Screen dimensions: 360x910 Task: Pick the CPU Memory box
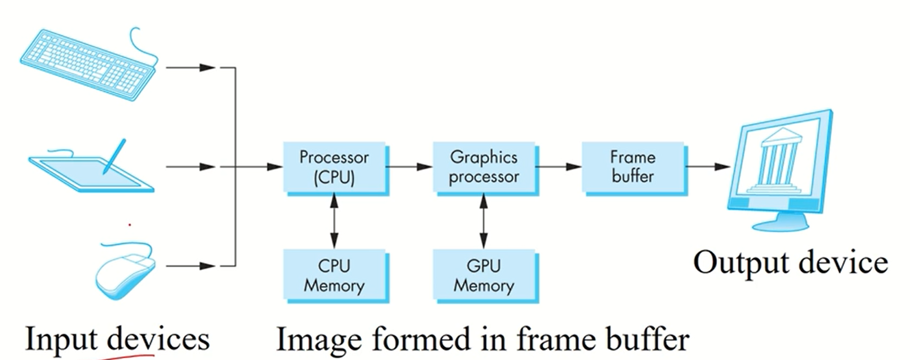pyautogui.click(x=334, y=276)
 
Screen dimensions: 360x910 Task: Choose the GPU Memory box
pyautogui.click(x=484, y=276)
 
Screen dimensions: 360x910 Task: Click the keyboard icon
pyautogui.click(x=88, y=64)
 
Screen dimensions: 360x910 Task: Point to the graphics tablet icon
pyautogui.click(x=91, y=170)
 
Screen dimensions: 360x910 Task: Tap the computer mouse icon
pyautogui.click(x=126, y=274)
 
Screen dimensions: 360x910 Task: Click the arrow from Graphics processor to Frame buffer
pyautogui.click(x=558, y=167)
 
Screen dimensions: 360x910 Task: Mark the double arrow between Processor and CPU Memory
pyautogui.click(x=334, y=221)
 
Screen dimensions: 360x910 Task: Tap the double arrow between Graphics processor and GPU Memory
pyautogui.click(x=484, y=221)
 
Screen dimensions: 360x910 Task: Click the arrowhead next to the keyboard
pyautogui.click(x=207, y=68)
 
